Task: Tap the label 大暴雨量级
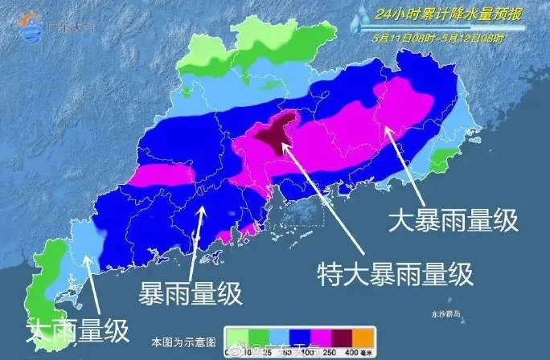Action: click(454, 219)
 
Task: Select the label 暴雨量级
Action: click(191, 293)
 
